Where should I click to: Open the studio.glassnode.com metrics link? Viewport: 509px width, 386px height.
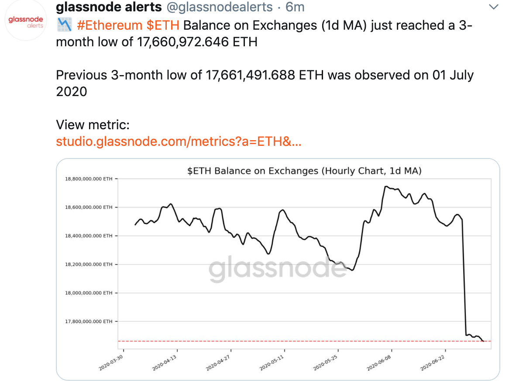[x=179, y=141]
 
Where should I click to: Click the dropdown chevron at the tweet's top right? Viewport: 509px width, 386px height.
[x=493, y=7]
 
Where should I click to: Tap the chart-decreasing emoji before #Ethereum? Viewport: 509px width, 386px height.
[x=64, y=25]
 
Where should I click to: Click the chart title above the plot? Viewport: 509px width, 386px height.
[x=304, y=171]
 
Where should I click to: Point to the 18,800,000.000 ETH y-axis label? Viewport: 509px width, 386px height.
[x=89, y=179]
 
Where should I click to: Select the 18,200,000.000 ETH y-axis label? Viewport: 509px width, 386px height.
[x=89, y=264]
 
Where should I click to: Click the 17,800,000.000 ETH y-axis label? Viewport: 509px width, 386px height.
[x=89, y=321]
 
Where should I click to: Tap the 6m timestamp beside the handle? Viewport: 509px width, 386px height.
[x=295, y=7]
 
